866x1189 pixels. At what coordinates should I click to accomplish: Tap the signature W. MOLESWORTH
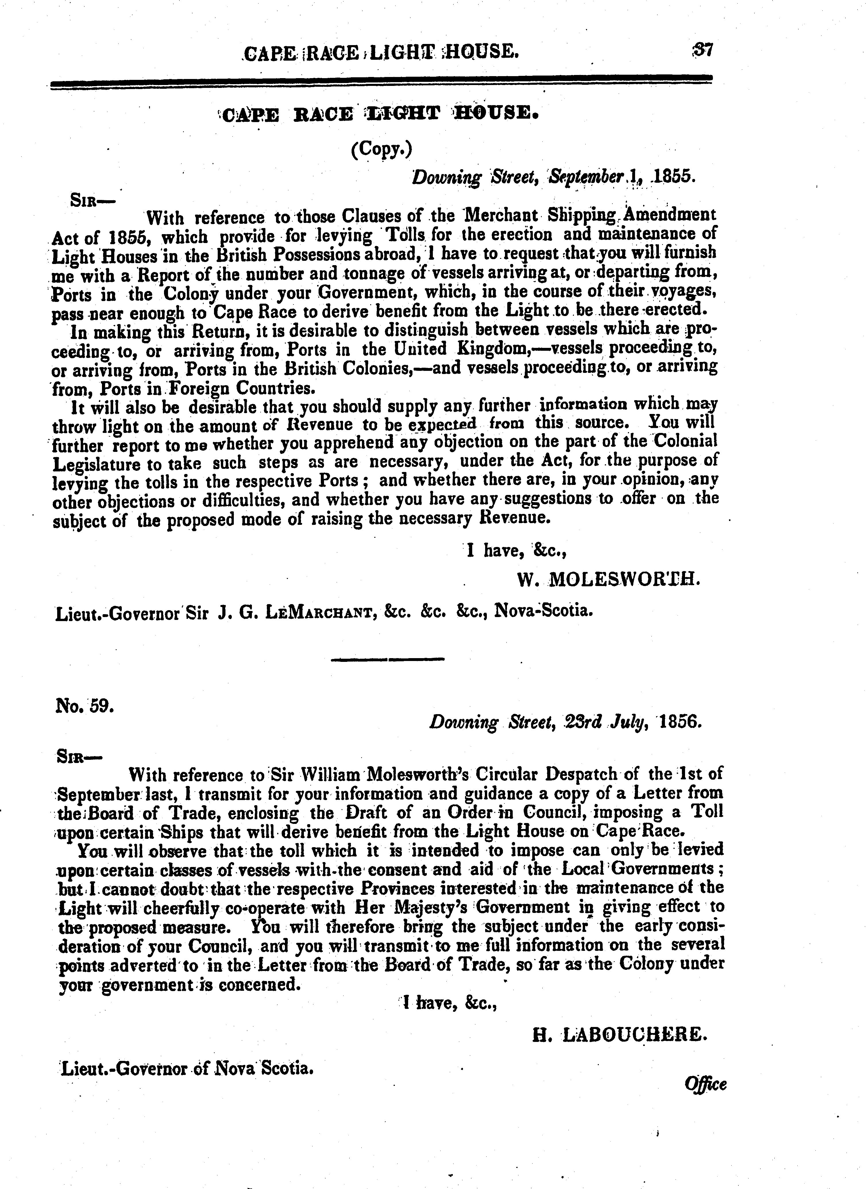pyautogui.click(x=608, y=579)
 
